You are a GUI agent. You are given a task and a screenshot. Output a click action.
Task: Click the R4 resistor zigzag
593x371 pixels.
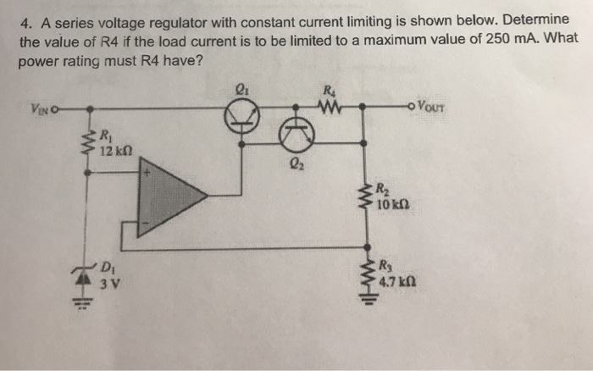point(329,108)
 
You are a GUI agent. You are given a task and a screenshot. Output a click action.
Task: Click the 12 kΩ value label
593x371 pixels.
point(112,150)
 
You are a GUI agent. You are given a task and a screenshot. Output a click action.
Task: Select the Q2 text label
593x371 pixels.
point(294,165)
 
